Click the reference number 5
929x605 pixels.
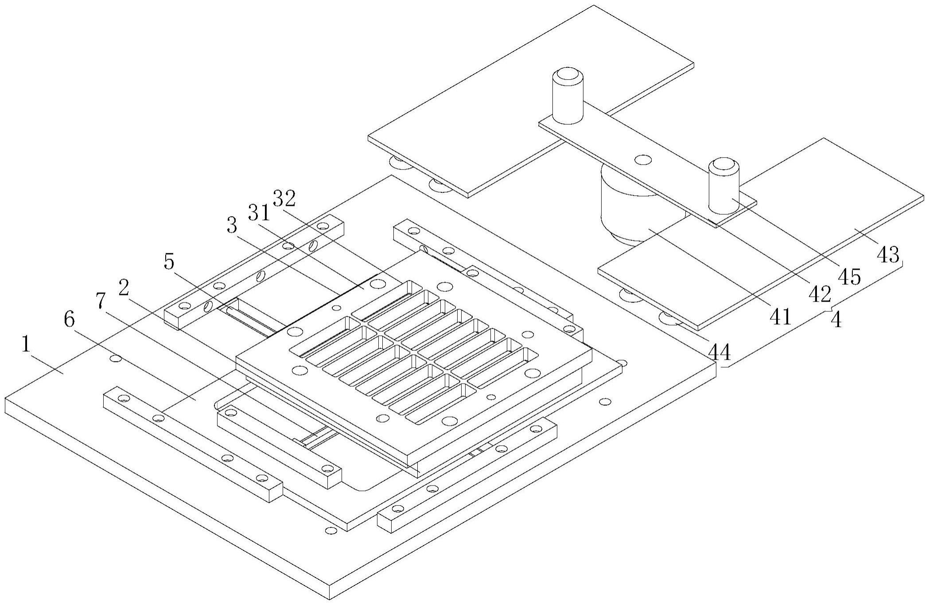coord(169,262)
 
